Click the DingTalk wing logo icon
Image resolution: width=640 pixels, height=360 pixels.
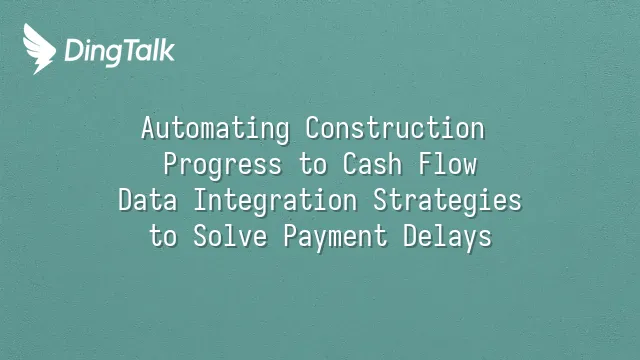(x=39, y=49)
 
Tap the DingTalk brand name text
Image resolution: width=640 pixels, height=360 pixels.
(x=120, y=52)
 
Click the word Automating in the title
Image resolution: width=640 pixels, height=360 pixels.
(x=216, y=129)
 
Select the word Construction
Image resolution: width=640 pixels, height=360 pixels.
(x=395, y=128)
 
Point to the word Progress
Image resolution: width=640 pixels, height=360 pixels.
(x=223, y=166)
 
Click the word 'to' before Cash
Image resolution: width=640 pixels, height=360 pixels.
(x=313, y=164)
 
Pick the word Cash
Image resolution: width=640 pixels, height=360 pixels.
(x=372, y=163)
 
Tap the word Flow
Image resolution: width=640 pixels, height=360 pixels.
(x=448, y=163)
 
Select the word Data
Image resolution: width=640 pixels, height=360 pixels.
(x=148, y=200)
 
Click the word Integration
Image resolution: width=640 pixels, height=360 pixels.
(x=276, y=202)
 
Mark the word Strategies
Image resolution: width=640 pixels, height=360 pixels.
(x=447, y=202)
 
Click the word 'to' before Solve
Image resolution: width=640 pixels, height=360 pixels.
(x=163, y=236)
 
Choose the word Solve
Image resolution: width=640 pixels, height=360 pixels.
(x=230, y=236)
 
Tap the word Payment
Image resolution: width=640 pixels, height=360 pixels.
(x=336, y=238)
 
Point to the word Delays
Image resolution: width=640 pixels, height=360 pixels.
(x=448, y=238)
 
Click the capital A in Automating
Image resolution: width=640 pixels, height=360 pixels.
(x=149, y=128)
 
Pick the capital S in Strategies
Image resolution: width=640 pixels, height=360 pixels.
(x=381, y=200)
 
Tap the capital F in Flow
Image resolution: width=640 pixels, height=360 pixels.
(x=426, y=164)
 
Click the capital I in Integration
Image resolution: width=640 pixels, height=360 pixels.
(x=200, y=200)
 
